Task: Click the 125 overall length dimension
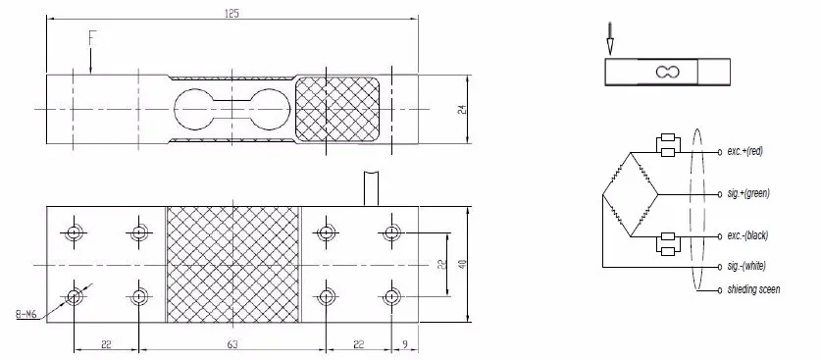click(231, 14)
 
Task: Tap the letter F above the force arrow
click(92, 38)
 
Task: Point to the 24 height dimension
click(462, 109)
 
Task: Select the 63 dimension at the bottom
click(232, 344)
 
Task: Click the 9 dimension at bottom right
click(406, 344)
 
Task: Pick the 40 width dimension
click(462, 264)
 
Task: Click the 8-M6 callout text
click(26, 315)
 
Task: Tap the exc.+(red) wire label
click(745, 151)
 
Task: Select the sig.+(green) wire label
click(748, 193)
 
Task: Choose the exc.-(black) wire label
click(747, 236)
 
